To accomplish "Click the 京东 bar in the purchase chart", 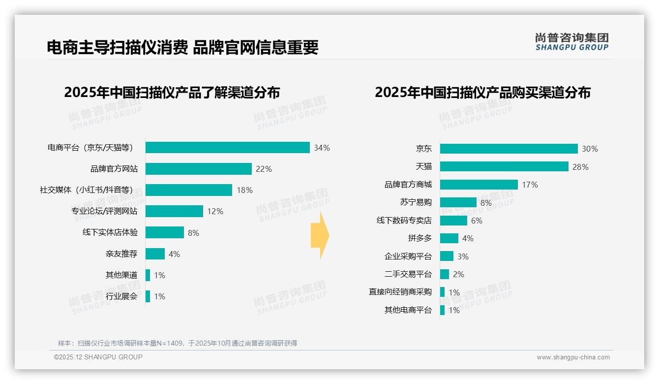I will click(x=509, y=149).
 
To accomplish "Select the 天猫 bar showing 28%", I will click(x=504, y=166).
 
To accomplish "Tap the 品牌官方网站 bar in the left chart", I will click(x=199, y=169).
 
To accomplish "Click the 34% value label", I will click(x=322, y=148).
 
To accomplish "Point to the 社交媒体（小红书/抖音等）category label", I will click(x=86, y=190).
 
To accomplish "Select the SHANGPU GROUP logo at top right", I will click(x=571, y=42).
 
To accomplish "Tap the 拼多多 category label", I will click(x=419, y=238).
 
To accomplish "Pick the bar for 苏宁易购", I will click(x=458, y=202).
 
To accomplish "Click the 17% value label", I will click(x=530, y=185).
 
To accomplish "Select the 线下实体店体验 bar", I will click(x=165, y=232).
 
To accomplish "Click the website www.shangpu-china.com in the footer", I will click(x=573, y=357).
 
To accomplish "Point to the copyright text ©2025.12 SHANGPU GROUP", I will click(x=98, y=357).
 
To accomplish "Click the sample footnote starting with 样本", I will click(x=178, y=343).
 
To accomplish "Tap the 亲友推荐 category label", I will click(x=121, y=254).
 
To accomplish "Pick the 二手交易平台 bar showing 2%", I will click(x=445, y=274).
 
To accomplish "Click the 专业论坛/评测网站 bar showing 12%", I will click(x=174, y=211).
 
